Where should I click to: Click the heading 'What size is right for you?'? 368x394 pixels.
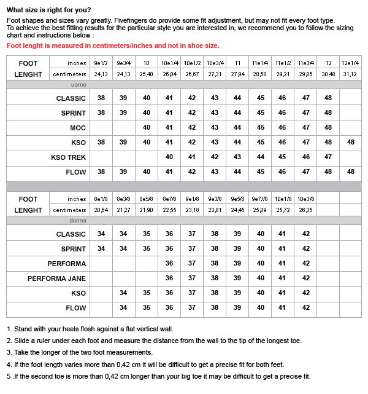(48, 10)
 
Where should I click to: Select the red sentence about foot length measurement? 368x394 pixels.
(112, 45)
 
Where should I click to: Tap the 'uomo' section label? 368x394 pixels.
(78, 85)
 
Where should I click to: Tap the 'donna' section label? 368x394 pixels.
(78, 220)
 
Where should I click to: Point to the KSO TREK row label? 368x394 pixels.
(68, 157)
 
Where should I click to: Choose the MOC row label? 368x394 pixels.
(78, 128)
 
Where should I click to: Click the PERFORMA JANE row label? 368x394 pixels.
(56, 278)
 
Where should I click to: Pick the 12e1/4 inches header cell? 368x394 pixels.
(350, 63)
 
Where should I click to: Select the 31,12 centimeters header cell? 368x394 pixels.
(350, 74)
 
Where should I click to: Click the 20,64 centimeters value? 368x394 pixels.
(101, 210)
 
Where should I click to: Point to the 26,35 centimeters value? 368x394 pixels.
(305, 210)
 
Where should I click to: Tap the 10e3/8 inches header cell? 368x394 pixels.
(305, 199)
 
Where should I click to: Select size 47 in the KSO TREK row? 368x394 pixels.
(328, 157)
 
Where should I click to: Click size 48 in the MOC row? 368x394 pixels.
(328, 128)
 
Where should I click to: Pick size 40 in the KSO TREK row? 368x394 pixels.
(169, 157)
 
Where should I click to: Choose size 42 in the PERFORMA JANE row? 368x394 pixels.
(305, 278)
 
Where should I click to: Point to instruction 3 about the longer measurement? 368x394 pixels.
(79, 352)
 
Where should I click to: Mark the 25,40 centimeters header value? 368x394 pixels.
(147, 74)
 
